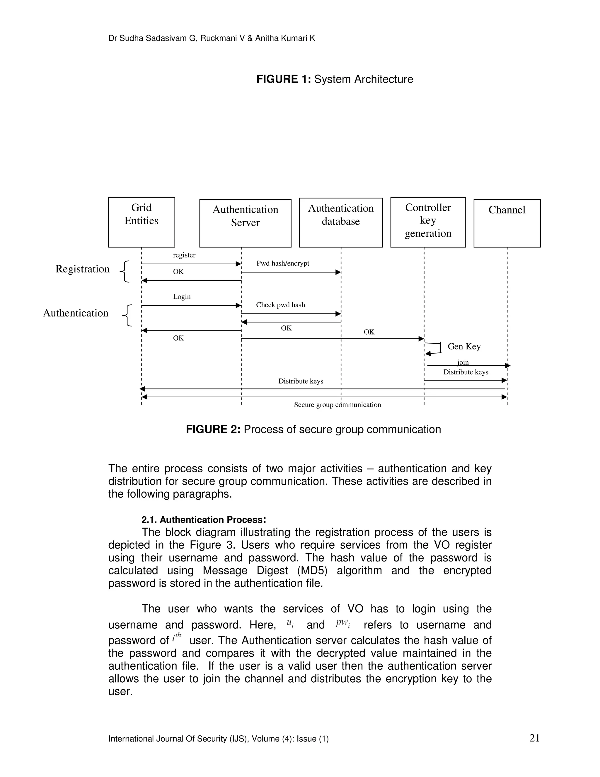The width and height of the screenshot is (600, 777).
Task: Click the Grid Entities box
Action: click(141, 222)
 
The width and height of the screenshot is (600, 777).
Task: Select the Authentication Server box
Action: click(245, 223)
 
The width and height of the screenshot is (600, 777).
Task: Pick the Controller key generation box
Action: click(428, 222)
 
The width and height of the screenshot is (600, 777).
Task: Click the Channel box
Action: click(507, 223)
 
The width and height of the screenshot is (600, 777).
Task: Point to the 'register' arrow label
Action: click(184, 255)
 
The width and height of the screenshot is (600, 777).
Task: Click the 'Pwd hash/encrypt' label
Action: click(283, 263)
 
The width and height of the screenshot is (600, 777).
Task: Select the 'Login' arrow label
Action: click(182, 297)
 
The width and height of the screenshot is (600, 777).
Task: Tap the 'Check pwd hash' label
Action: click(280, 305)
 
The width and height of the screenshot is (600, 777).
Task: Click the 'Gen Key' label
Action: click(464, 347)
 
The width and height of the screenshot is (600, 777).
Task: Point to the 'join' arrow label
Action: click(463, 362)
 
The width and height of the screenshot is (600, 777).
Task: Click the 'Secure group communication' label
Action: click(337, 405)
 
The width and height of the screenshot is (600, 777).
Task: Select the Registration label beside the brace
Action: click(82, 269)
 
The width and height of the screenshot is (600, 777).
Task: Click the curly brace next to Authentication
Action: click(127, 315)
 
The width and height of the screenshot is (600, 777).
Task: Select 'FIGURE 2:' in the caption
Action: click(213, 430)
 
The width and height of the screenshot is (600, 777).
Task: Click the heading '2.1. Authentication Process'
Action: click(203, 520)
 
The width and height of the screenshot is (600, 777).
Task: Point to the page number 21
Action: click(534, 738)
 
